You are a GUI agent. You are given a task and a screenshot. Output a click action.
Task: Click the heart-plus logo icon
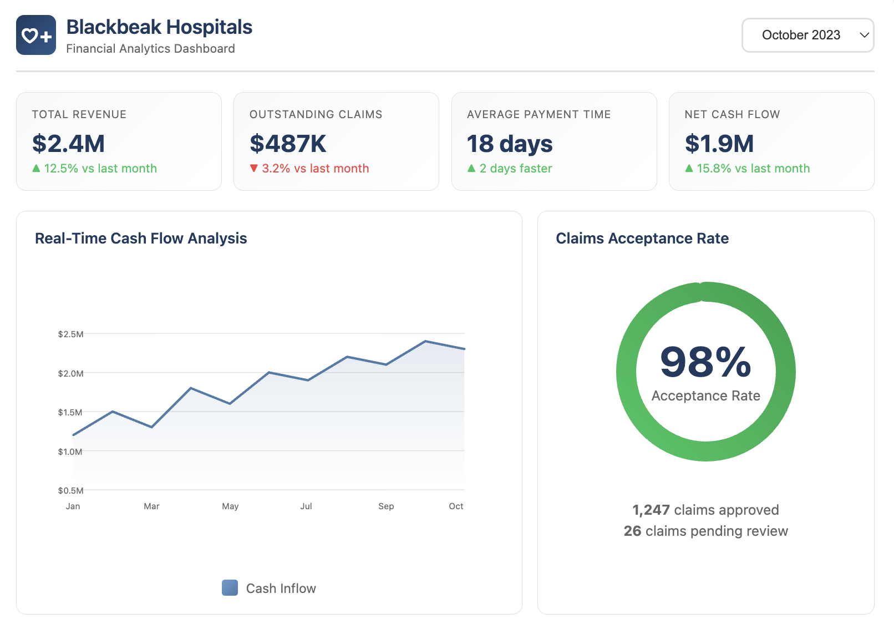tap(36, 35)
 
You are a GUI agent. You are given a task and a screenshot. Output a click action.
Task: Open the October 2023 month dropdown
tap(807, 35)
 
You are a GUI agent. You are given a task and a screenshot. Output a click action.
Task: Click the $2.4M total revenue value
tap(69, 144)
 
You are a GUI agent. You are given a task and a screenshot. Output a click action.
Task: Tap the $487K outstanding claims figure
tap(288, 144)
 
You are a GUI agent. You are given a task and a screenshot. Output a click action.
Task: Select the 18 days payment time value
tap(510, 144)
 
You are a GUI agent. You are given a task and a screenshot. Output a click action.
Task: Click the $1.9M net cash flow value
tap(719, 144)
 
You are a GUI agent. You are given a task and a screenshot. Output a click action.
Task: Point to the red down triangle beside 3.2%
tap(254, 168)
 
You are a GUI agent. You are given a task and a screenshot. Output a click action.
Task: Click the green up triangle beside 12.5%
tap(36, 168)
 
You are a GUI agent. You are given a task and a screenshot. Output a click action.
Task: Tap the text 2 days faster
tap(516, 169)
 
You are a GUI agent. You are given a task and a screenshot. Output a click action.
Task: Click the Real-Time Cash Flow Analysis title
tap(141, 239)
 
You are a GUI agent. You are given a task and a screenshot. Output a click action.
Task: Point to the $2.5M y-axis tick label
tap(70, 334)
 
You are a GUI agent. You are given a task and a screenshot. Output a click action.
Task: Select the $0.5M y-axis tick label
tap(70, 490)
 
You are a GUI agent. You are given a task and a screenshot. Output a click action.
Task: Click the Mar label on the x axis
tap(151, 506)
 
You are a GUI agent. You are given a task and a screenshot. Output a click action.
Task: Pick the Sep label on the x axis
tap(386, 506)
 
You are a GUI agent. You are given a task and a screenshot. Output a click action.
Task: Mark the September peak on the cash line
tap(425, 341)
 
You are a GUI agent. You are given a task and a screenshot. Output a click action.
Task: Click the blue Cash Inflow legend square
tap(230, 588)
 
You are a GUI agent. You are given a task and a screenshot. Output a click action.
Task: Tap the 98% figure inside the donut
tap(705, 362)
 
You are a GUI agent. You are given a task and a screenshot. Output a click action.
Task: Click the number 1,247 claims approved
tap(651, 510)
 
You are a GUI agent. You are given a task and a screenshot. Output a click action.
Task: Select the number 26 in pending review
tap(632, 531)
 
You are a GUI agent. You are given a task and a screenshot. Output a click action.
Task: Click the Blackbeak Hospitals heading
tap(159, 27)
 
